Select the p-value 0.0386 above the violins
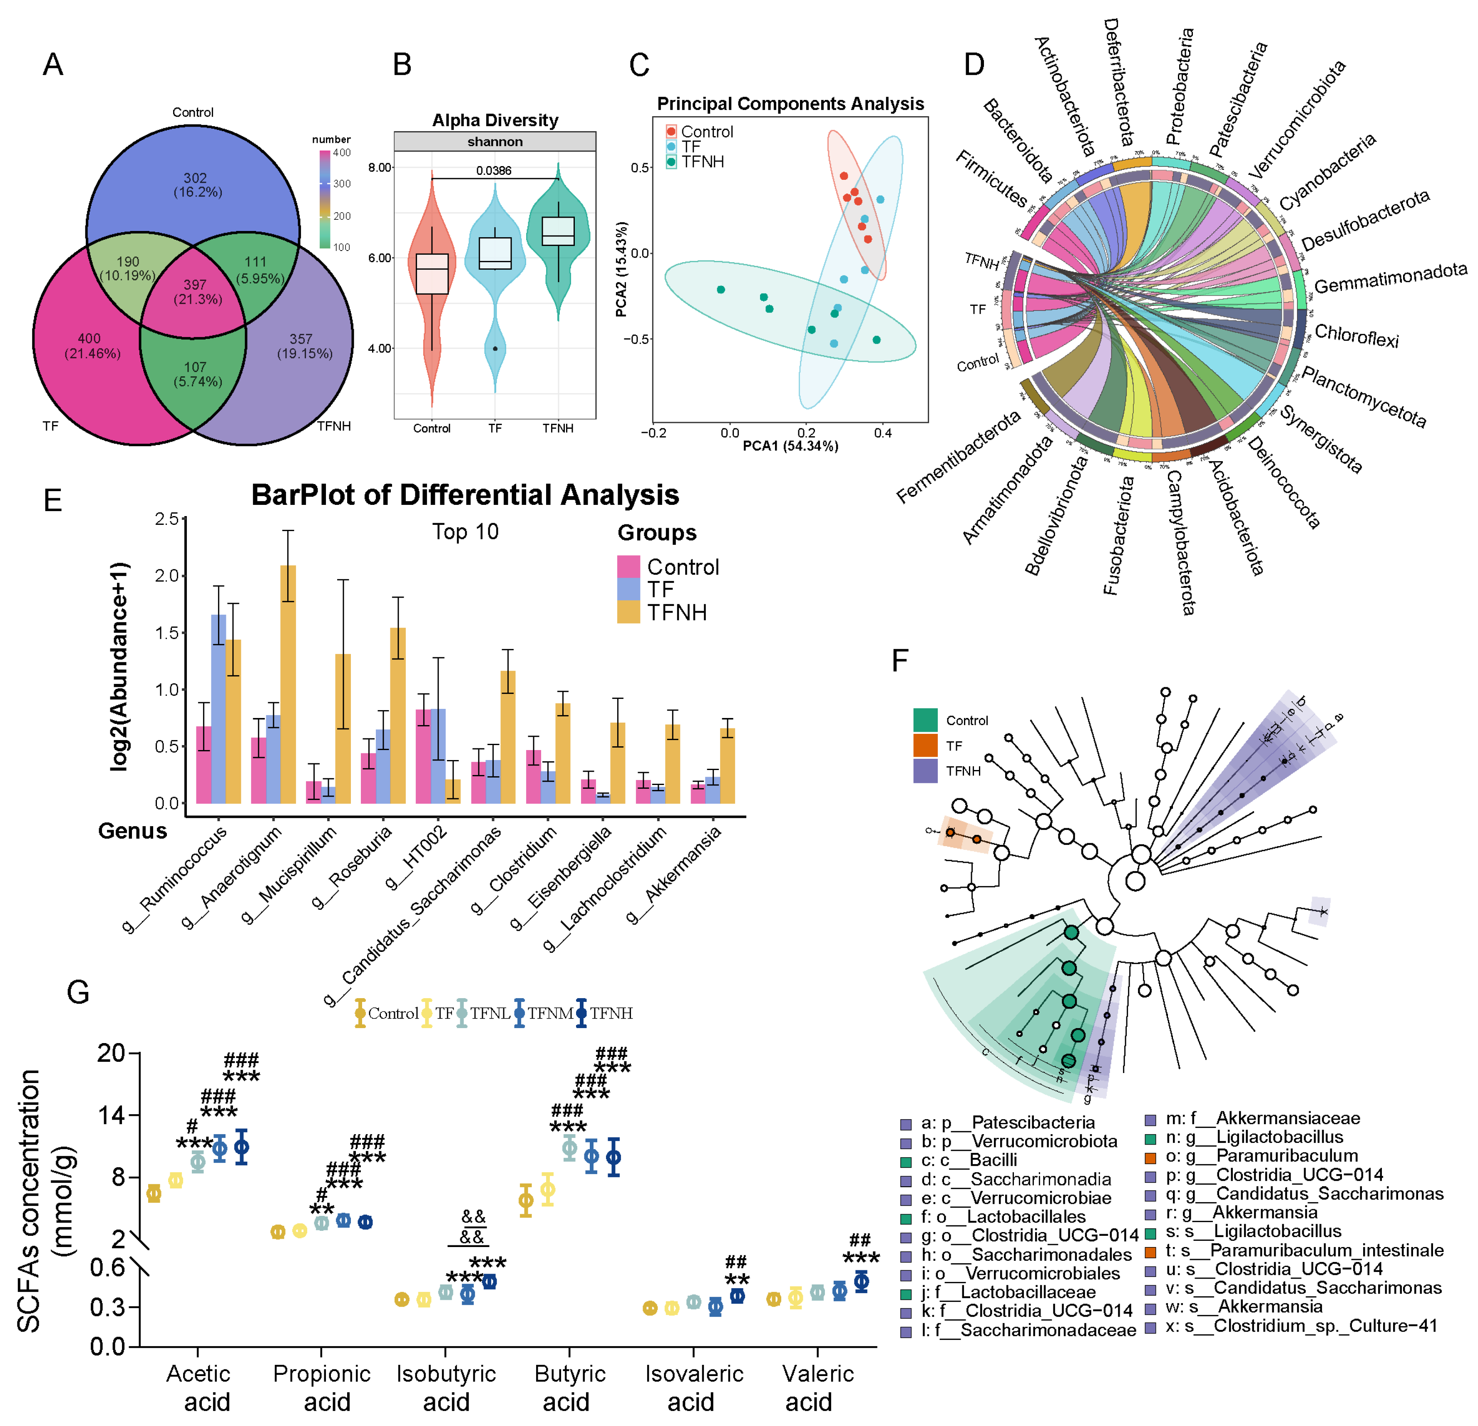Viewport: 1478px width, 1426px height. (x=494, y=170)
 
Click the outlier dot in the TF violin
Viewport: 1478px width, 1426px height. (x=494, y=348)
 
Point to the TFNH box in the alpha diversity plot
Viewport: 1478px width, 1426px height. (x=558, y=231)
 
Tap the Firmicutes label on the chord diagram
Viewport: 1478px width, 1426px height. (x=991, y=179)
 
